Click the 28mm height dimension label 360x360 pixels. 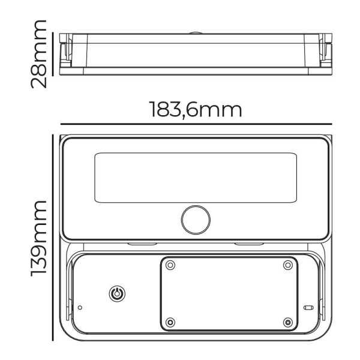tap(38, 54)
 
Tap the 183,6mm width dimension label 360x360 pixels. tap(196, 110)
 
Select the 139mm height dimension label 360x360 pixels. tap(38, 239)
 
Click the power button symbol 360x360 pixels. tap(117, 293)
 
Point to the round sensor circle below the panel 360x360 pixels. tap(196, 220)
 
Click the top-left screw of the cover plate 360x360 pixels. tap(170, 265)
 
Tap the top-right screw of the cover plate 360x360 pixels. tap(288, 265)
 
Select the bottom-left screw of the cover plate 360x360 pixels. tap(170, 322)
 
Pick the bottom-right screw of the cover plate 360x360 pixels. tap(288, 322)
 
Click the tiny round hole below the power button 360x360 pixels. tap(80, 307)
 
